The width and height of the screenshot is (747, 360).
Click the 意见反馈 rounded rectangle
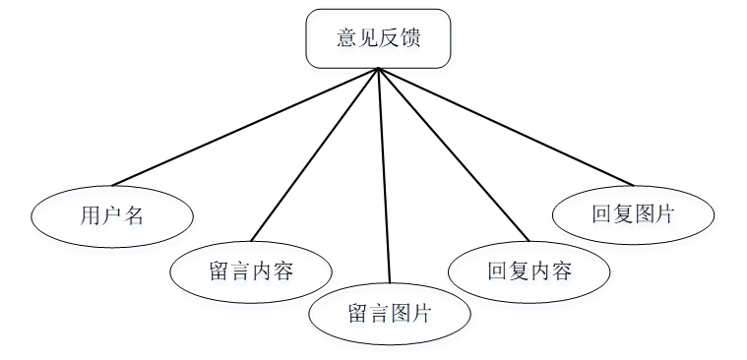pyautogui.click(x=378, y=38)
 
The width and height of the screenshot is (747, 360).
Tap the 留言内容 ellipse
pyautogui.click(x=251, y=271)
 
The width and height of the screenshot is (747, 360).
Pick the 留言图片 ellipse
pyautogui.click(x=390, y=314)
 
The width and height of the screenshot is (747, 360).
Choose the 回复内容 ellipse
pyautogui.click(x=529, y=270)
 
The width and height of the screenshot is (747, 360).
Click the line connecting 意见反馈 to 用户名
pyautogui.click(x=246, y=126)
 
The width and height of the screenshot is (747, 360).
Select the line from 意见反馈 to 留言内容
pyautogui.click(x=315, y=154)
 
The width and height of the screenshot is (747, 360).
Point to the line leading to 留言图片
pyautogui.click(x=384, y=177)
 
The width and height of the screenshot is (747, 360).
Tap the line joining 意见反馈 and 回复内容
pyautogui.click(x=453, y=154)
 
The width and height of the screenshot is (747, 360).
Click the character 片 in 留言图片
pyautogui.click(x=421, y=314)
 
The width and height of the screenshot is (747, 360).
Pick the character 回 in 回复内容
pyautogui.click(x=498, y=270)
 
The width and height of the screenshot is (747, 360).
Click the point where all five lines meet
pyautogui.click(x=378, y=69)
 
